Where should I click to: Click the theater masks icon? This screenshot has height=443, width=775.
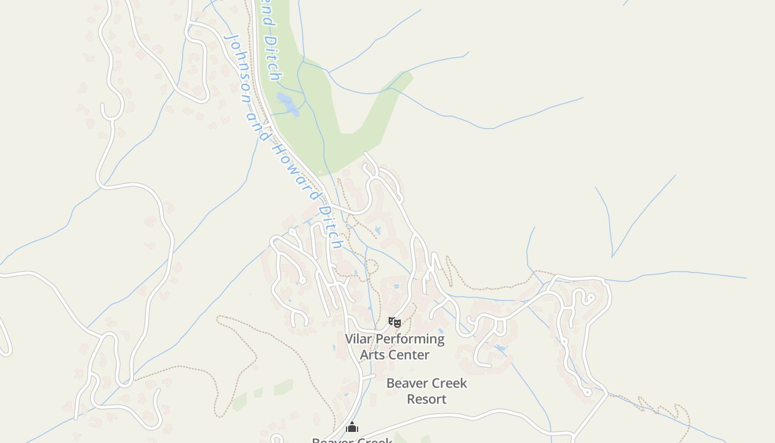pyautogui.click(x=394, y=322)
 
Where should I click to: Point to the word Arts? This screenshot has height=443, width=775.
pyautogui.click(x=373, y=354)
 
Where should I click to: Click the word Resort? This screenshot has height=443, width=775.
pyautogui.click(x=426, y=399)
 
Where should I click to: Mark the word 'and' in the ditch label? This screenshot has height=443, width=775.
pyautogui.click(x=256, y=120)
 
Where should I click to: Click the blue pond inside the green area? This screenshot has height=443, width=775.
pyautogui.click(x=288, y=104)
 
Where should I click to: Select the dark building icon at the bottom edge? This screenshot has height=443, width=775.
pyautogui.click(x=352, y=427)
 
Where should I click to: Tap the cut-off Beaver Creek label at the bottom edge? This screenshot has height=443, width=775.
pyautogui.click(x=352, y=440)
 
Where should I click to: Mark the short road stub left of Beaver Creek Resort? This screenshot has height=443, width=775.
pyautogui.click(x=369, y=377)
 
